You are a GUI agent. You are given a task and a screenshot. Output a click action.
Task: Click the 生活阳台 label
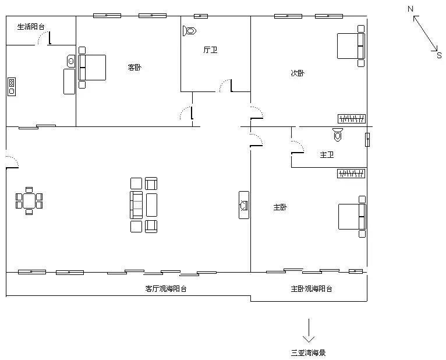(31, 26)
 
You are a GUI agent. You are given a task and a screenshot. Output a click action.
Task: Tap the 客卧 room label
(134, 67)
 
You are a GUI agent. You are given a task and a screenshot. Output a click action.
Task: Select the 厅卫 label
(210, 50)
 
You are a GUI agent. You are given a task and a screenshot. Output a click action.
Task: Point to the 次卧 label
(298, 73)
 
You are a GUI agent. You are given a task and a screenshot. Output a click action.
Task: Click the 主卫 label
(327, 155)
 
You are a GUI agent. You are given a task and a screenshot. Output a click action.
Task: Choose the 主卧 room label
(280, 207)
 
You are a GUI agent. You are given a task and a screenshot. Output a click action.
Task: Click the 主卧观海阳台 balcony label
(312, 288)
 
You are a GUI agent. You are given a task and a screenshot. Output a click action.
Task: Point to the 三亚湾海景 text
(308, 352)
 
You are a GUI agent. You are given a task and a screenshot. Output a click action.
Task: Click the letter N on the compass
(410, 9)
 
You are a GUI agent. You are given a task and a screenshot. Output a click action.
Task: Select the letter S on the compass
(439, 55)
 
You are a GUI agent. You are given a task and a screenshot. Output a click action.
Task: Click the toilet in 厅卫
(190, 30)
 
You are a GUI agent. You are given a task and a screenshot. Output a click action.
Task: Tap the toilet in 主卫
(337, 135)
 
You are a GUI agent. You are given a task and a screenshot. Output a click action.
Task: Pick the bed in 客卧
(93, 67)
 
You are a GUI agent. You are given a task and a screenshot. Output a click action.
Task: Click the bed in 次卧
(352, 45)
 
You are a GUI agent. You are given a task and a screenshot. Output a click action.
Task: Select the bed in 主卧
(352, 216)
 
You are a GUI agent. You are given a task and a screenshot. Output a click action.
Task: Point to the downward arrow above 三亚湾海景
(308, 331)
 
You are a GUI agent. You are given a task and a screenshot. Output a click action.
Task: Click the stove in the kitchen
(11, 86)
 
